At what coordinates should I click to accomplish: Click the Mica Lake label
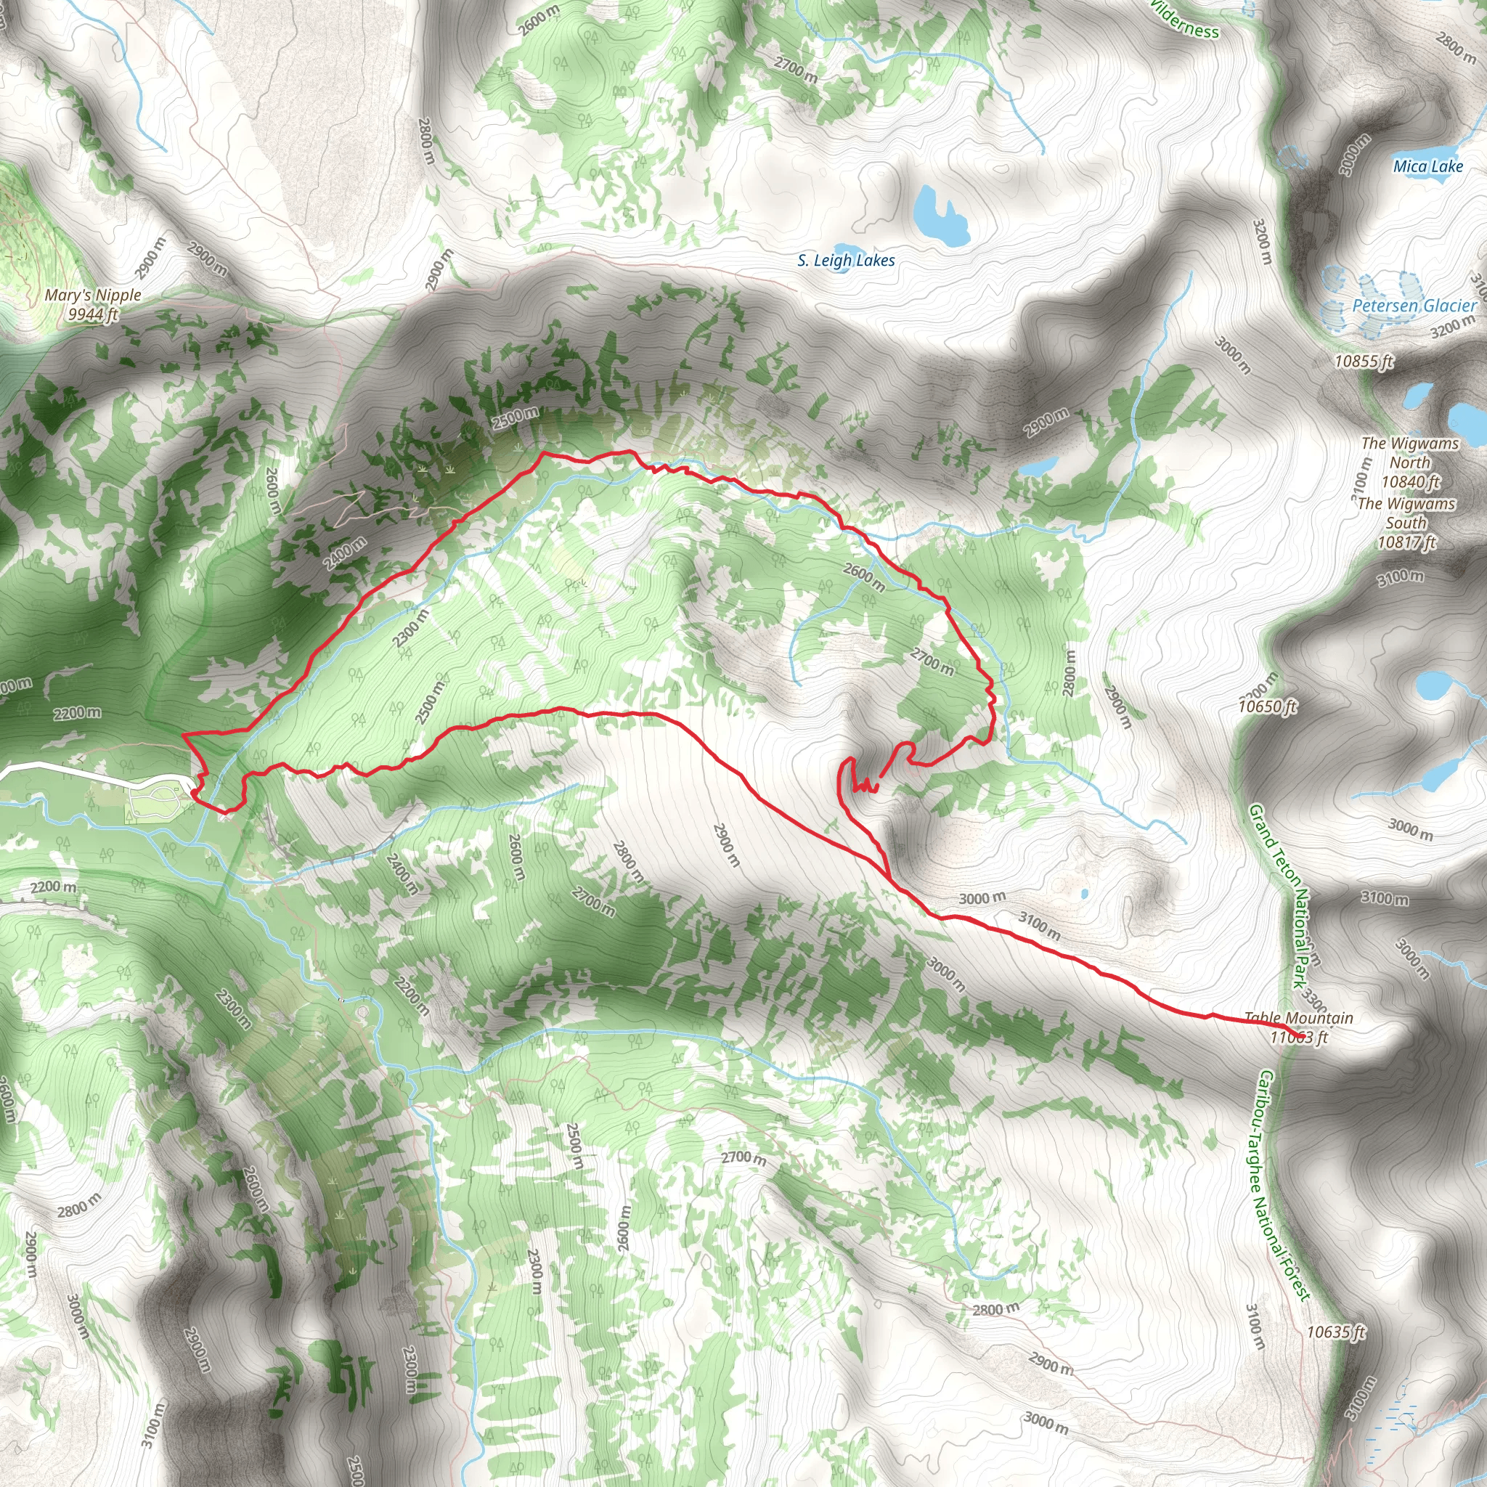pyautogui.click(x=1427, y=166)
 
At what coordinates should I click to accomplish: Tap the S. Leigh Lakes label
pyautogui.click(x=846, y=261)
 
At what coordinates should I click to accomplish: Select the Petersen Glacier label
pyautogui.click(x=1414, y=306)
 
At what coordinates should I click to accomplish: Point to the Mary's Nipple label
pyautogui.click(x=93, y=295)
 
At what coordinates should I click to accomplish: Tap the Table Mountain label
pyautogui.click(x=1298, y=1017)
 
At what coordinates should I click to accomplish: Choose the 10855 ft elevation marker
pyautogui.click(x=1364, y=361)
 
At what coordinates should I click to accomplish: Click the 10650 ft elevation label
pyautogui.click(x=1267, y=706)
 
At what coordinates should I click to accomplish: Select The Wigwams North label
pyautogui.click(x=1409, y=452)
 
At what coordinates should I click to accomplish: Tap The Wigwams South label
pyautogui.click(x=1406, y=513)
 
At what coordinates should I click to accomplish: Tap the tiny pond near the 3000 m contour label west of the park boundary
pyautogui.click(x=1084, y=895)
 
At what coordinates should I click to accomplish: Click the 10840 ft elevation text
pyautogui.click(x=1410, y=482)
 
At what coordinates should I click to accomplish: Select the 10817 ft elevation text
pyautogui.click(x=1406, y=542)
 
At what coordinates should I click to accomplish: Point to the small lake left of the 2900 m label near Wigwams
pyautogui.click(x=1040, y=466)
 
